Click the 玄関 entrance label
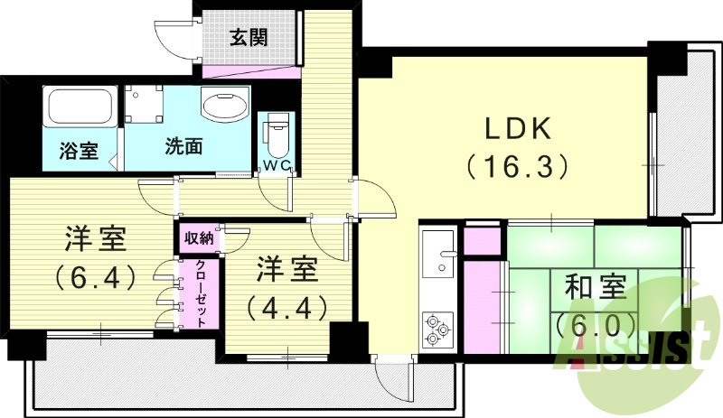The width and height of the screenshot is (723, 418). (x=249, y=39)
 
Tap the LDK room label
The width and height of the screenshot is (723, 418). (x=518, y=129)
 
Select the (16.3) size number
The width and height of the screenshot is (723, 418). (x=518, y=166)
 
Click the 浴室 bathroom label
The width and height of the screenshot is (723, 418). (x=79, y=150)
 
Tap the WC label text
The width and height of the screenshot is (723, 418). (x=276, y=165)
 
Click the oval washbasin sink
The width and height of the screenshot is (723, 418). (x=225, y=107)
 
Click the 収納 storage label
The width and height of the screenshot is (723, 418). (x=199, y=238)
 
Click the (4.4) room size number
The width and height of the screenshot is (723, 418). (x=286, y=307)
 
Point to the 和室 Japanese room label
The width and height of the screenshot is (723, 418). (x=596, y=288)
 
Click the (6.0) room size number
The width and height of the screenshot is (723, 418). (x=596, y=321)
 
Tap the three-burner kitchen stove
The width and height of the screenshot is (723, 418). (x=437, y=329)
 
